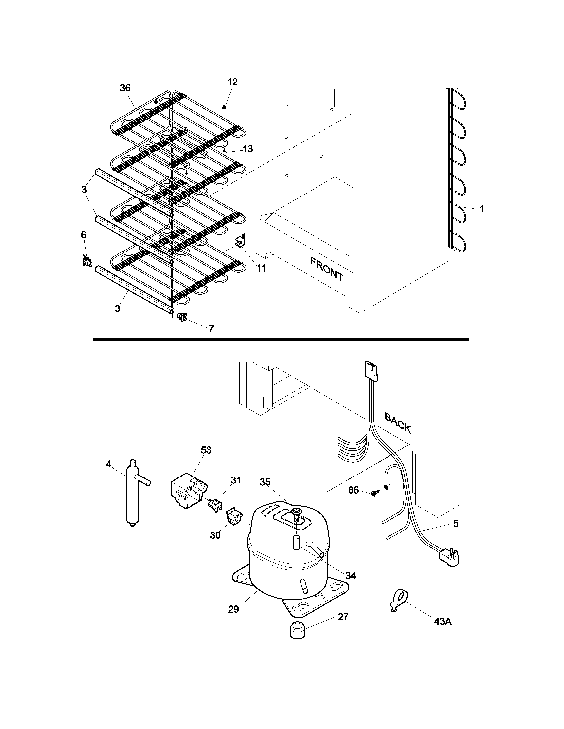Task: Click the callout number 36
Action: pyautogui.click(x=125, y=88)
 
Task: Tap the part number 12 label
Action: pyautogui.click(x=232, y=82)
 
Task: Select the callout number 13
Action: pyautogui.click(x=247, y=149)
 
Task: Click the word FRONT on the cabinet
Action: pyautogui.click(x=326, y=269)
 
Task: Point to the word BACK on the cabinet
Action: pyautogui.click(x=397, y=423)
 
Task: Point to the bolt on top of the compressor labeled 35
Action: pyautogui.click(x=296, y=512)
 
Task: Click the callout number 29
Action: pyautogui.click(x=234, y=609)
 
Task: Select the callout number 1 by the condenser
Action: pyautogui.click(x=481, y=209)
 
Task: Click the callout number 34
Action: pyautogui.click(x=350, y=576)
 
